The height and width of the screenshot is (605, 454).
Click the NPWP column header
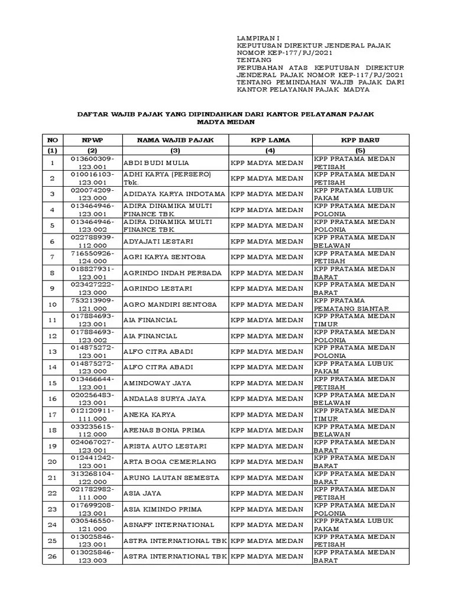[92, 140]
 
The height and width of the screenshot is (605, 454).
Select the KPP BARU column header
[360, 140]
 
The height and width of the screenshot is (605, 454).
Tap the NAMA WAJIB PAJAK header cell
[175, 140]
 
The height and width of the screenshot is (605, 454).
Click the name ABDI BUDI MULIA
[153, 163]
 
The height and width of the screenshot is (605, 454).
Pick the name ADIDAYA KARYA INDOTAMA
[174, 194]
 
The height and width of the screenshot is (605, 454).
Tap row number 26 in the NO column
[52, 557]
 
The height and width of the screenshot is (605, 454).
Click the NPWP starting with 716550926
[92, 258]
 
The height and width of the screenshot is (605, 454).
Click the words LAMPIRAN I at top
[253, 37]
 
